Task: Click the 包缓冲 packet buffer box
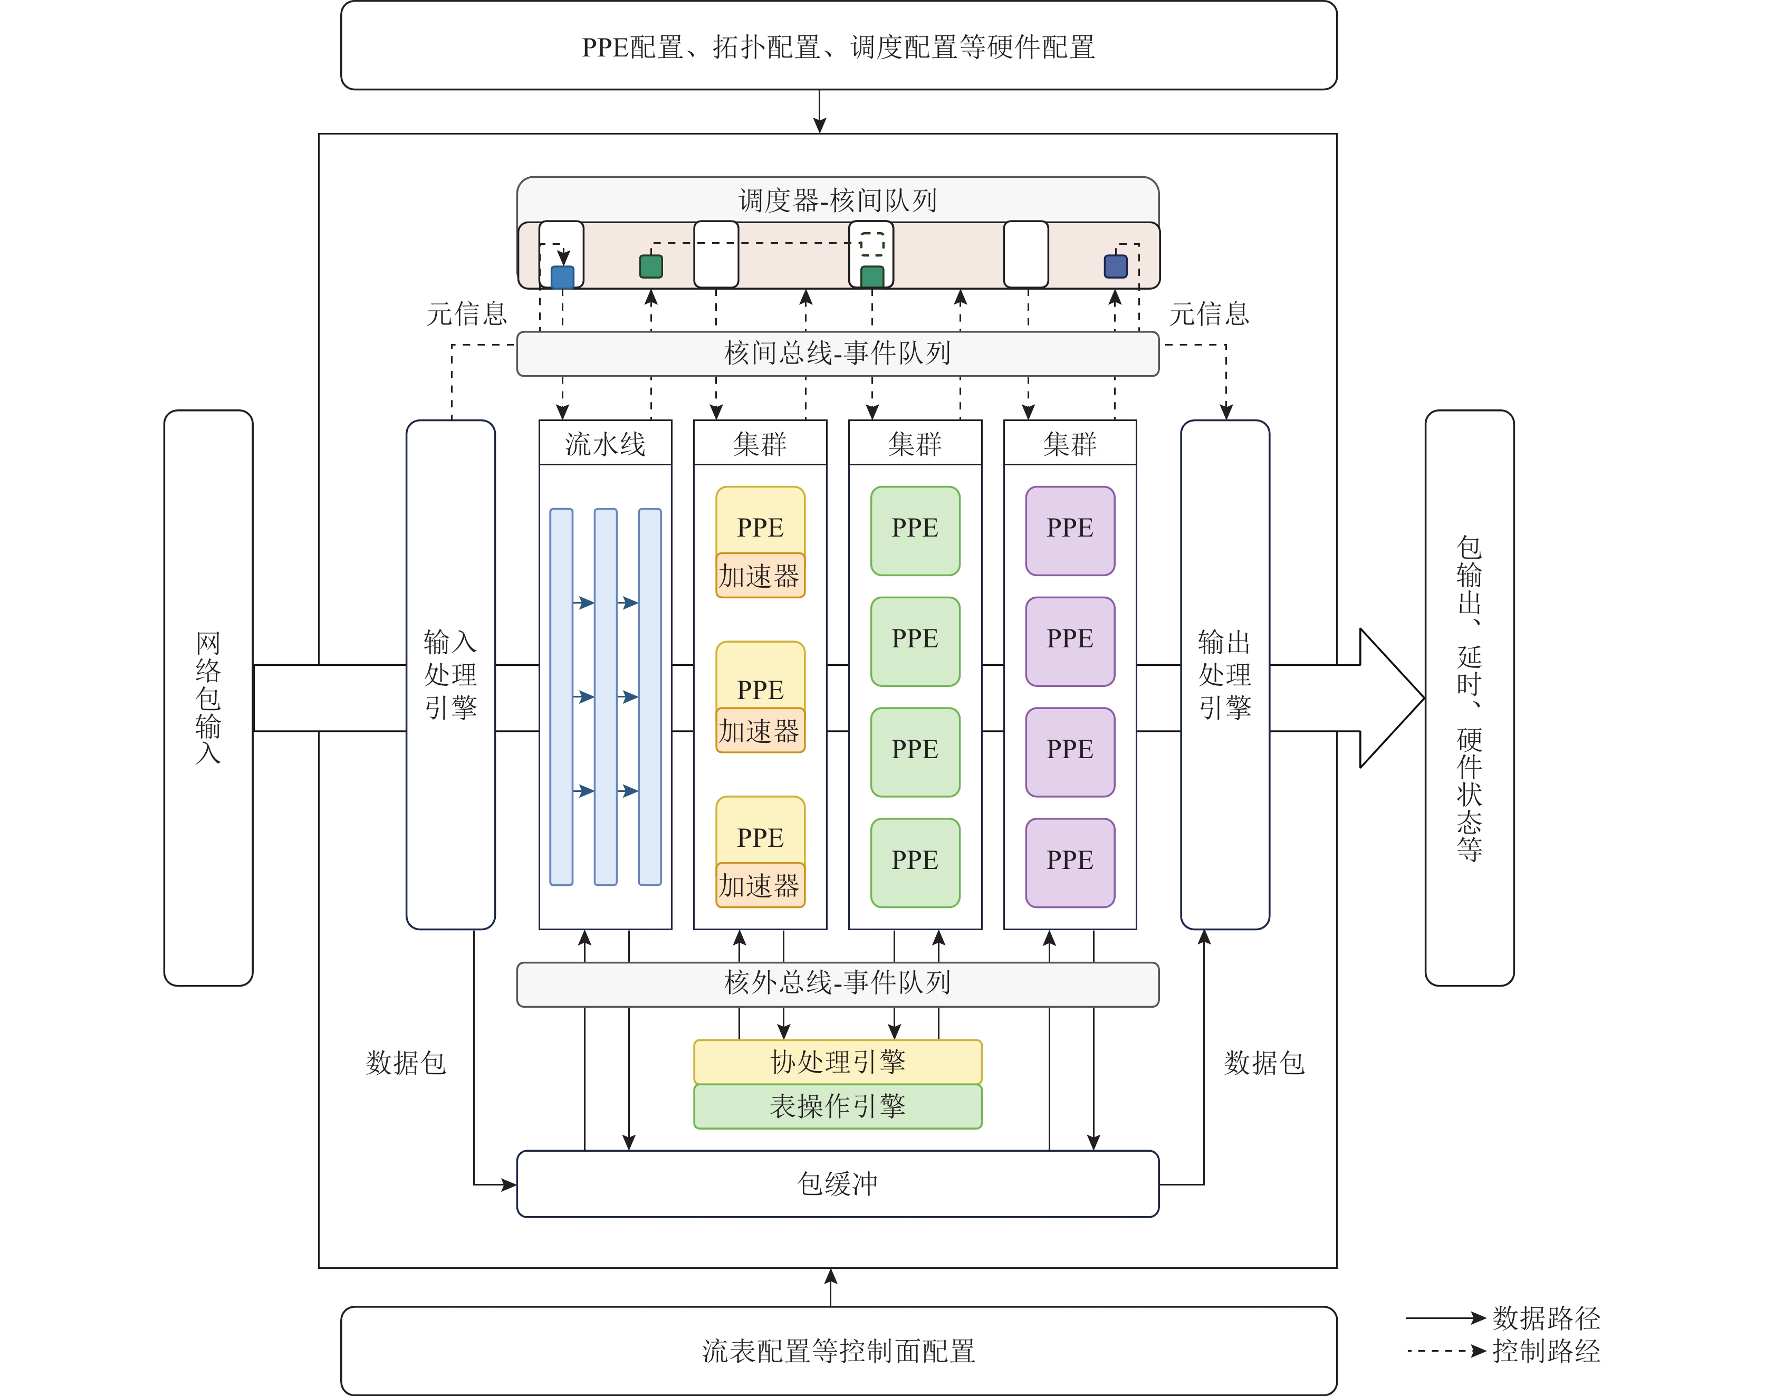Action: point(838,1183)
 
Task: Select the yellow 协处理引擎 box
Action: point(838,1062)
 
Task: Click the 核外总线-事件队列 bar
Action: point(838,983)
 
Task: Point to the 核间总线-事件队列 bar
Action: point(838,353)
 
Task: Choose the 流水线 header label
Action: point(605,444)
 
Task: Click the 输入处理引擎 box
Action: point(450,674)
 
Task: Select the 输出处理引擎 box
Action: point(1225,674)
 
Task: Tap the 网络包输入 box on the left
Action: point(208,697)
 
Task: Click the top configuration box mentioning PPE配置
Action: point(838,46)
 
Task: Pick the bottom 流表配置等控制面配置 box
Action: point(838,1350)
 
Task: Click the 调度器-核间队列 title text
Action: point(838,200)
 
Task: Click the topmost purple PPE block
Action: point(1070,530)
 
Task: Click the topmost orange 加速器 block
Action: point(760,576)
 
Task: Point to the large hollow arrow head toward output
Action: point(1389,697)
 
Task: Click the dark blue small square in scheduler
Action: point(1115,266)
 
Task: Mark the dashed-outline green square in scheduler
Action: point(872,244)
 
